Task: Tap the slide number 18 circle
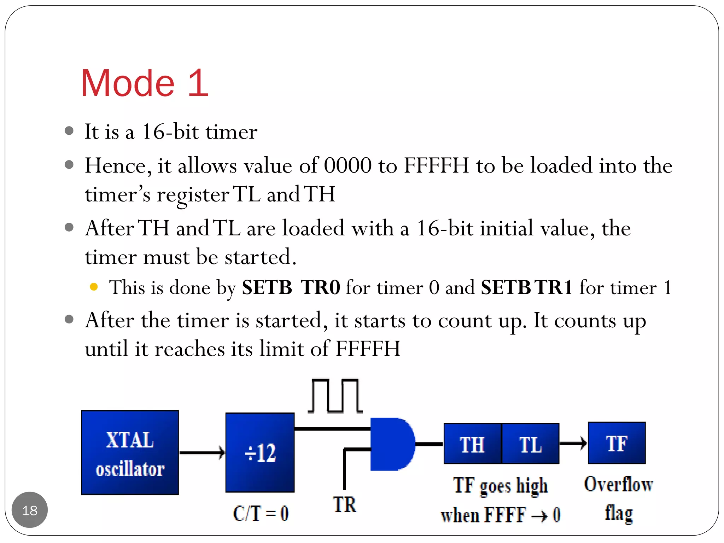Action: click(30, 510)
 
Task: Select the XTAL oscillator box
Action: click(130, 452)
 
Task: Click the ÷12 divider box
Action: click(260, 452)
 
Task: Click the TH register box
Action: click(472, 444)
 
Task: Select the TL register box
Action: click(530, 444)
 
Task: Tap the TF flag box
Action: click(617, 443)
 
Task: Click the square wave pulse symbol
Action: click(335, 396)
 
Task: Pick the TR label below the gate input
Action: click(344, 504)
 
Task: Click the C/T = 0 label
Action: click(261, 513)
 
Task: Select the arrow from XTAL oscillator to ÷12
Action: click(202, 452)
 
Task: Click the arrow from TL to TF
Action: click(573, 443)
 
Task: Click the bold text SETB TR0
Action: click(291, 287)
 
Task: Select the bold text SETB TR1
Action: click(526, 287)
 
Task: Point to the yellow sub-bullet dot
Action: click(94, 287)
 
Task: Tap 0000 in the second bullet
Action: click(348, 165)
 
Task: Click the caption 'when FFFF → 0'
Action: click(500, 515)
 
